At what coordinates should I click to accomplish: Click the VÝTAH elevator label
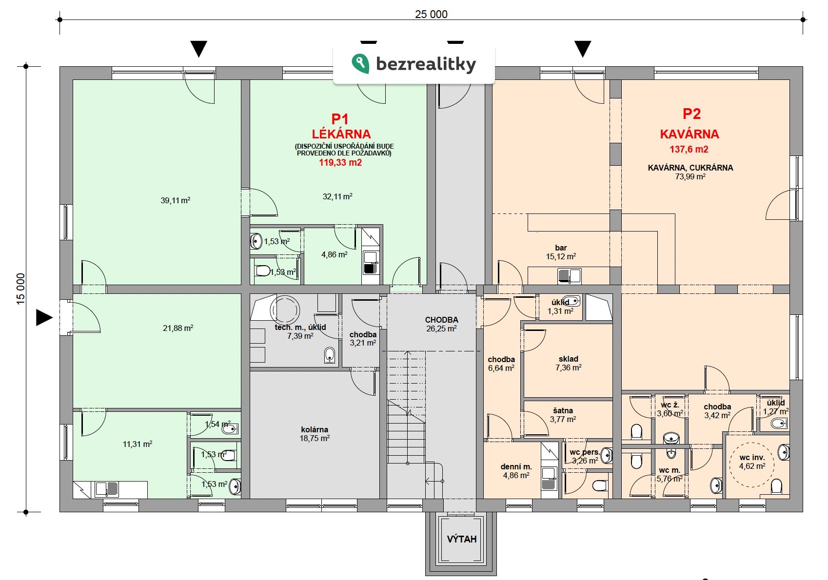click(x=462, y=539)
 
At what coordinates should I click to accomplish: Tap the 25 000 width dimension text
click(x=431, y=14)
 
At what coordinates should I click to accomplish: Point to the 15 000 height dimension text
click(x=21, y=289)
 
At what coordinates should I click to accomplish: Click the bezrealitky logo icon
click(x=360, y=63)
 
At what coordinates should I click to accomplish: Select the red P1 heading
click(x=340, y=119)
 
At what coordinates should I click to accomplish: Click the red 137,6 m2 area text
click(x=689, y=149)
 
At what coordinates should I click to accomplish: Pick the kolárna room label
click(x=315, y=429)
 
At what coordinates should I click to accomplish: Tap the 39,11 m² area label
click(x=175, y=200)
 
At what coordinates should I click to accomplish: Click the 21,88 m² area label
click(x=178, y=328)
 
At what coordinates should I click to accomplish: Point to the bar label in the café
click(x=561, y=248)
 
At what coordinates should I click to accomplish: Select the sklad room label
click(x=569, y=359)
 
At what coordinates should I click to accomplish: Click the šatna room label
click(x=563, y=410)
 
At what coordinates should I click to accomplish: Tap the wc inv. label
click(x=752, y=457)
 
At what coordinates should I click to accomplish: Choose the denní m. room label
click(x=516, y=466)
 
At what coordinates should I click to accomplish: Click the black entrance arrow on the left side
click(x=44, y=317)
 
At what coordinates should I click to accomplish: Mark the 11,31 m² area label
click(x=138, y=444)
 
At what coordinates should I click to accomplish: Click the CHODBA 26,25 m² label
click(x=441, y=324)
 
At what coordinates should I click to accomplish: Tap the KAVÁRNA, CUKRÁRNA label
click(x=690, y=168)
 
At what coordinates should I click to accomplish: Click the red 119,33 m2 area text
click(x=340, y=163)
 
